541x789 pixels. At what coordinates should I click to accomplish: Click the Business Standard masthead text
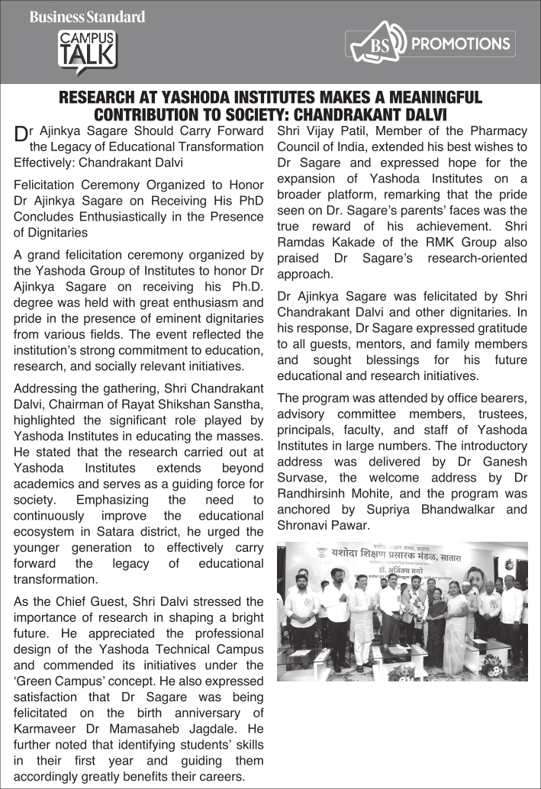pos(87,16)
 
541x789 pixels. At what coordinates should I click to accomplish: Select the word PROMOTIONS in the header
pos(460,43)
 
